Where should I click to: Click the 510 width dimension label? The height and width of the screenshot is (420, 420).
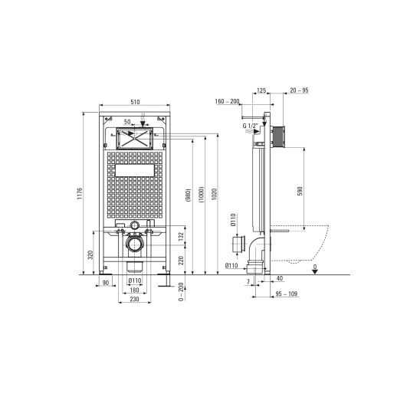(x=135, y=102)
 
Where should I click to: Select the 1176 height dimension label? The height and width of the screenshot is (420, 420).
(x=80, y=193)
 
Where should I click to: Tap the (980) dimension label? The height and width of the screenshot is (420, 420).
(x=188, y=195)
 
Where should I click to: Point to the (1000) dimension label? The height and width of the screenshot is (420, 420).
(x=202, y=194)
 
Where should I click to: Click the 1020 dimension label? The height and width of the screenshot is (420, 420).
(x=215, y=194)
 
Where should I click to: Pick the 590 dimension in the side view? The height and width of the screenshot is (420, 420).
(x=300, y=191)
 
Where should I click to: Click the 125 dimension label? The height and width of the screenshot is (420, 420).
(x=261, y=90)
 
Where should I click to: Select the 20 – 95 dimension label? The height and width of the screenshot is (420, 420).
(x=299, y=90)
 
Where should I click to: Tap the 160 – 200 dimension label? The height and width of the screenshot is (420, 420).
(x=227, y=101)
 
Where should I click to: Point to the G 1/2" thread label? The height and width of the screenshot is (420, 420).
(x=250, y=126)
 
